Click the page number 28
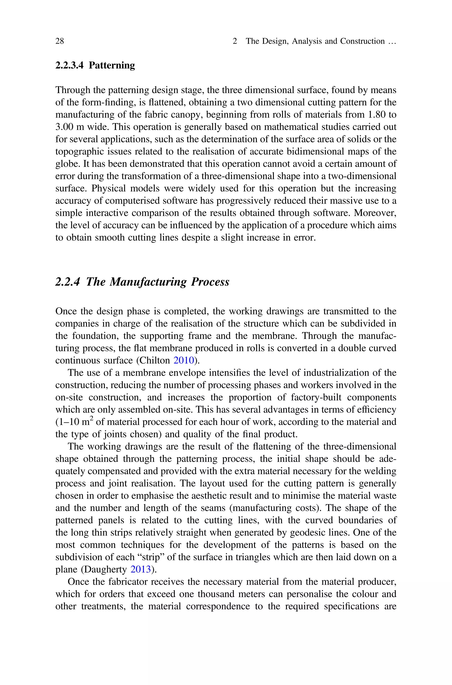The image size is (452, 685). pyautogui.click(x=60, y=41)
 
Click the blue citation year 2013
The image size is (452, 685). pyautogui.click(x=141, y=569)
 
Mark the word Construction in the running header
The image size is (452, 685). pyautogui.click(x=362, y=41)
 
